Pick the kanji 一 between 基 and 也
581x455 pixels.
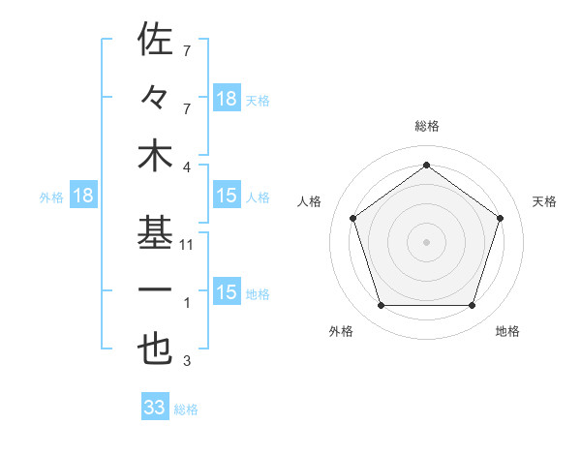point(155,290)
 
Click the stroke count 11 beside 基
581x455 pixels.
point(188,245)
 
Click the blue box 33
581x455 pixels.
point(154,408)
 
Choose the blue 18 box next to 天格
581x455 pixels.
point(227,99)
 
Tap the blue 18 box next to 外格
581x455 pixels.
point(83,197)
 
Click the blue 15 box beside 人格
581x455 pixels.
point(227,197)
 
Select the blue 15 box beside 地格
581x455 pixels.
point(227,293)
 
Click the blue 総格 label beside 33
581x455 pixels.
point(186,409)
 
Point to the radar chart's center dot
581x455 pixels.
point(426,241)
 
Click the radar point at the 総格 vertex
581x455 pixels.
point(426,165)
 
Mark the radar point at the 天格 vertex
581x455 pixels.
point(500,218)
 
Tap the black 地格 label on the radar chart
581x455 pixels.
point(507,332)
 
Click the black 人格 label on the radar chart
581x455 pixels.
point(310,201)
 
